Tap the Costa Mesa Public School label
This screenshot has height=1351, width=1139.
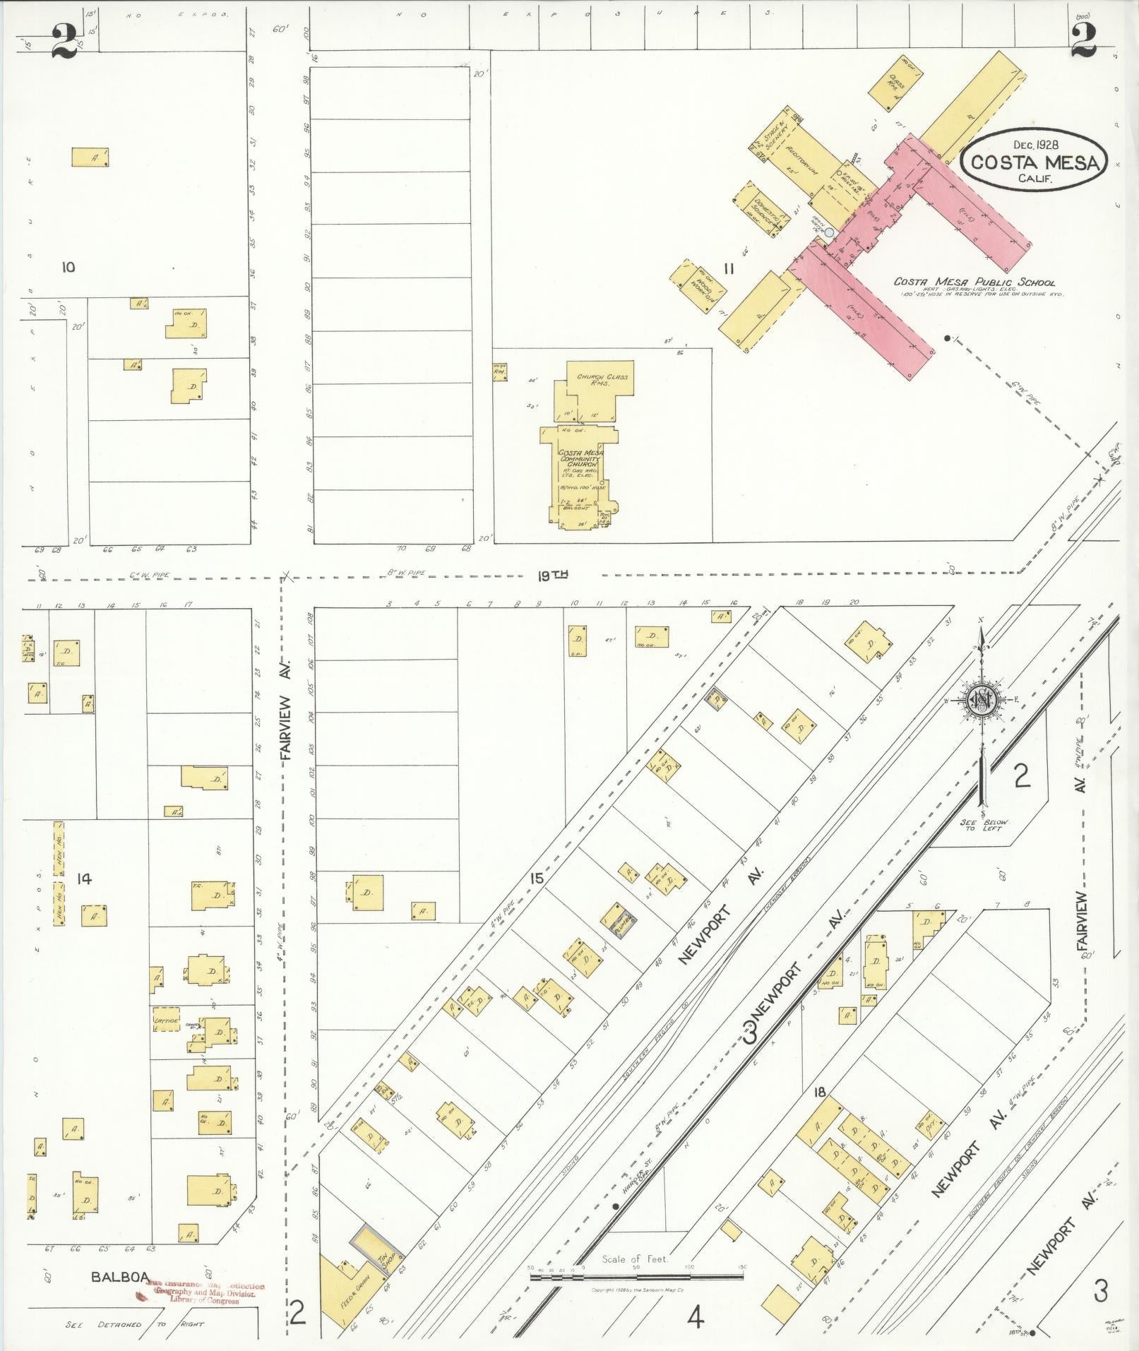[974, 282]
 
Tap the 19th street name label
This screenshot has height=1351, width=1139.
[553, 576]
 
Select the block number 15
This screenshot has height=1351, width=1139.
[537, 878]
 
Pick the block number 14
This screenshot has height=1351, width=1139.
[84, 879]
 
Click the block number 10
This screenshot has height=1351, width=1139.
[68, 267]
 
